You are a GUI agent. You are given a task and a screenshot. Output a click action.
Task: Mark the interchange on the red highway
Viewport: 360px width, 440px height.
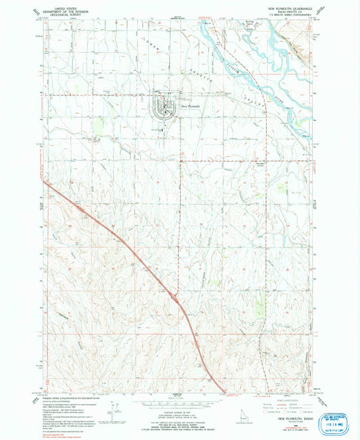[176, 295]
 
